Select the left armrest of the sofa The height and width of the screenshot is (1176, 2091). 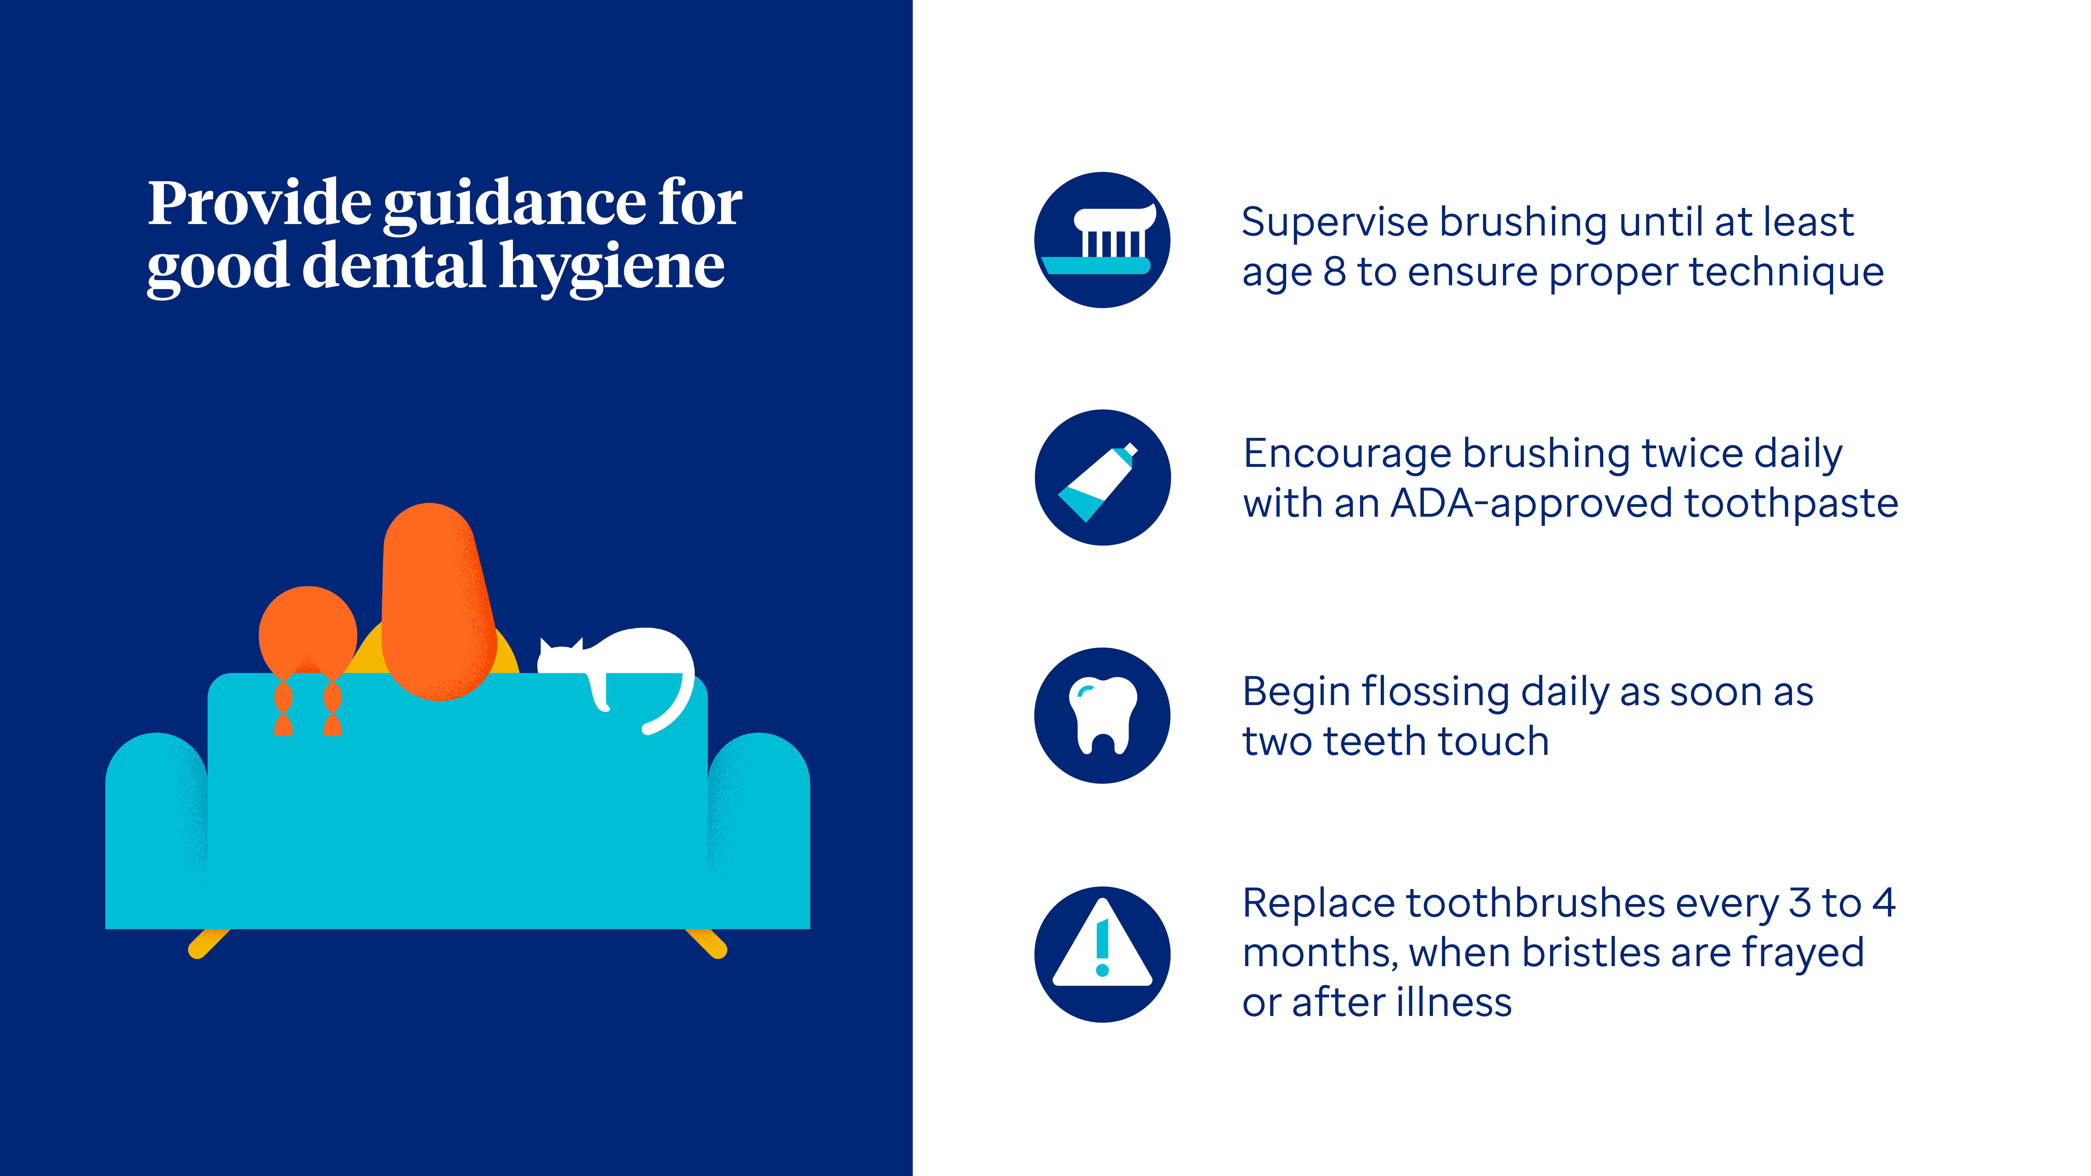click(156, 828)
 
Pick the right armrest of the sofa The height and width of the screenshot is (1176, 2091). click(759, 828)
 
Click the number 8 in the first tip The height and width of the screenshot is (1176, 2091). click(1334, 272)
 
